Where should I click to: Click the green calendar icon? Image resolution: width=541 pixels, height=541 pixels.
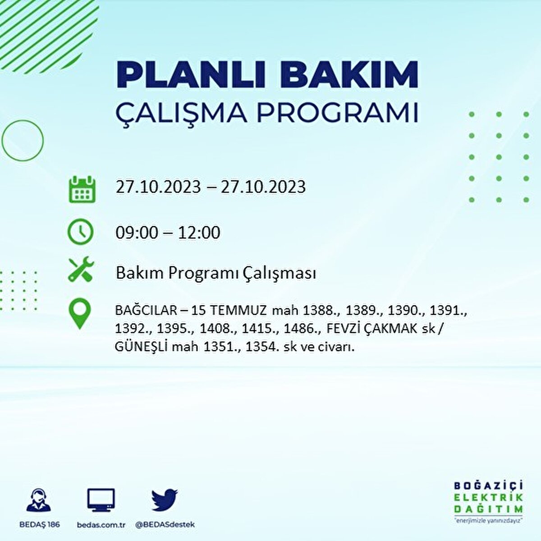pyautogui.click(x=82, y=189)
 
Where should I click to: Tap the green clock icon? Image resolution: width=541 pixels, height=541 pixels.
pyautogui.click(x=80, y=233)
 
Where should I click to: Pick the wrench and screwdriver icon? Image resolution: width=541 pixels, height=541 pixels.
pyautogui.click(x=81, y=270)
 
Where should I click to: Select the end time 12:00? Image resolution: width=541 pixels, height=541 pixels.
pyautogui.click(x=199, y=233)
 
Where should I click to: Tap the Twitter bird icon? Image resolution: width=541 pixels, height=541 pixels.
pyautogui.click(x=165, y=500)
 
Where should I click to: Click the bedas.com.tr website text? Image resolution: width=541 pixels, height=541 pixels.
pyautogui.click(x=101, y=525)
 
